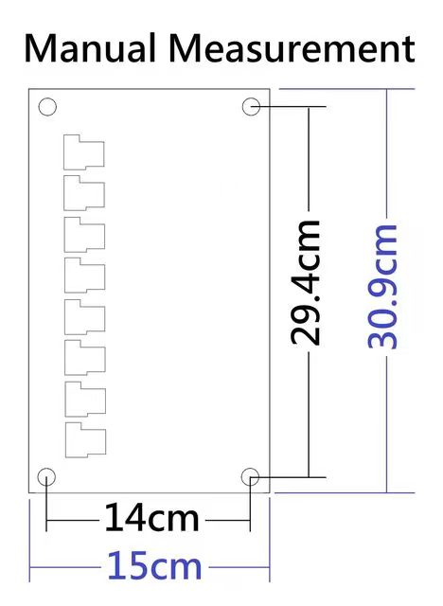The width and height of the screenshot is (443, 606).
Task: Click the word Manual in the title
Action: click(90, 47)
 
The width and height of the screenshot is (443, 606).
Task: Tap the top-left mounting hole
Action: click(47, 107)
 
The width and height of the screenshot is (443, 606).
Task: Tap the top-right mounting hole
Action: click(251, 107)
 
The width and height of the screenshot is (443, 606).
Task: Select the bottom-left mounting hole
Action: click(45, 476)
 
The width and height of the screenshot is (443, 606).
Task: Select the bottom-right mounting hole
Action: click(251, 476)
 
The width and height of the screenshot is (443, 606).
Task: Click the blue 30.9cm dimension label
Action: click(382, 286)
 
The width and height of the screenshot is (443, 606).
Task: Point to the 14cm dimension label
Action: click(151, 519)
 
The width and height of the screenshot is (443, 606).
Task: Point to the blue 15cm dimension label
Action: click(154, 566)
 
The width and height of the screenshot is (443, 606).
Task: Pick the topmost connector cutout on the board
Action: click(82, 152)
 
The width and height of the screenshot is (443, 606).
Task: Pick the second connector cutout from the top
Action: click(82, 193)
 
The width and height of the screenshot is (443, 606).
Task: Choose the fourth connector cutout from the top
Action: click(82, 275)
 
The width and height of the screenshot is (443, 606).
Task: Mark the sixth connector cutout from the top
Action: click(82, 357)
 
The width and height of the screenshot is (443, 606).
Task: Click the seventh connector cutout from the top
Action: click(82, 399)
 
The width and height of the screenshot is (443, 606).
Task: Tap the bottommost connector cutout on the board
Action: click(82, 439)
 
